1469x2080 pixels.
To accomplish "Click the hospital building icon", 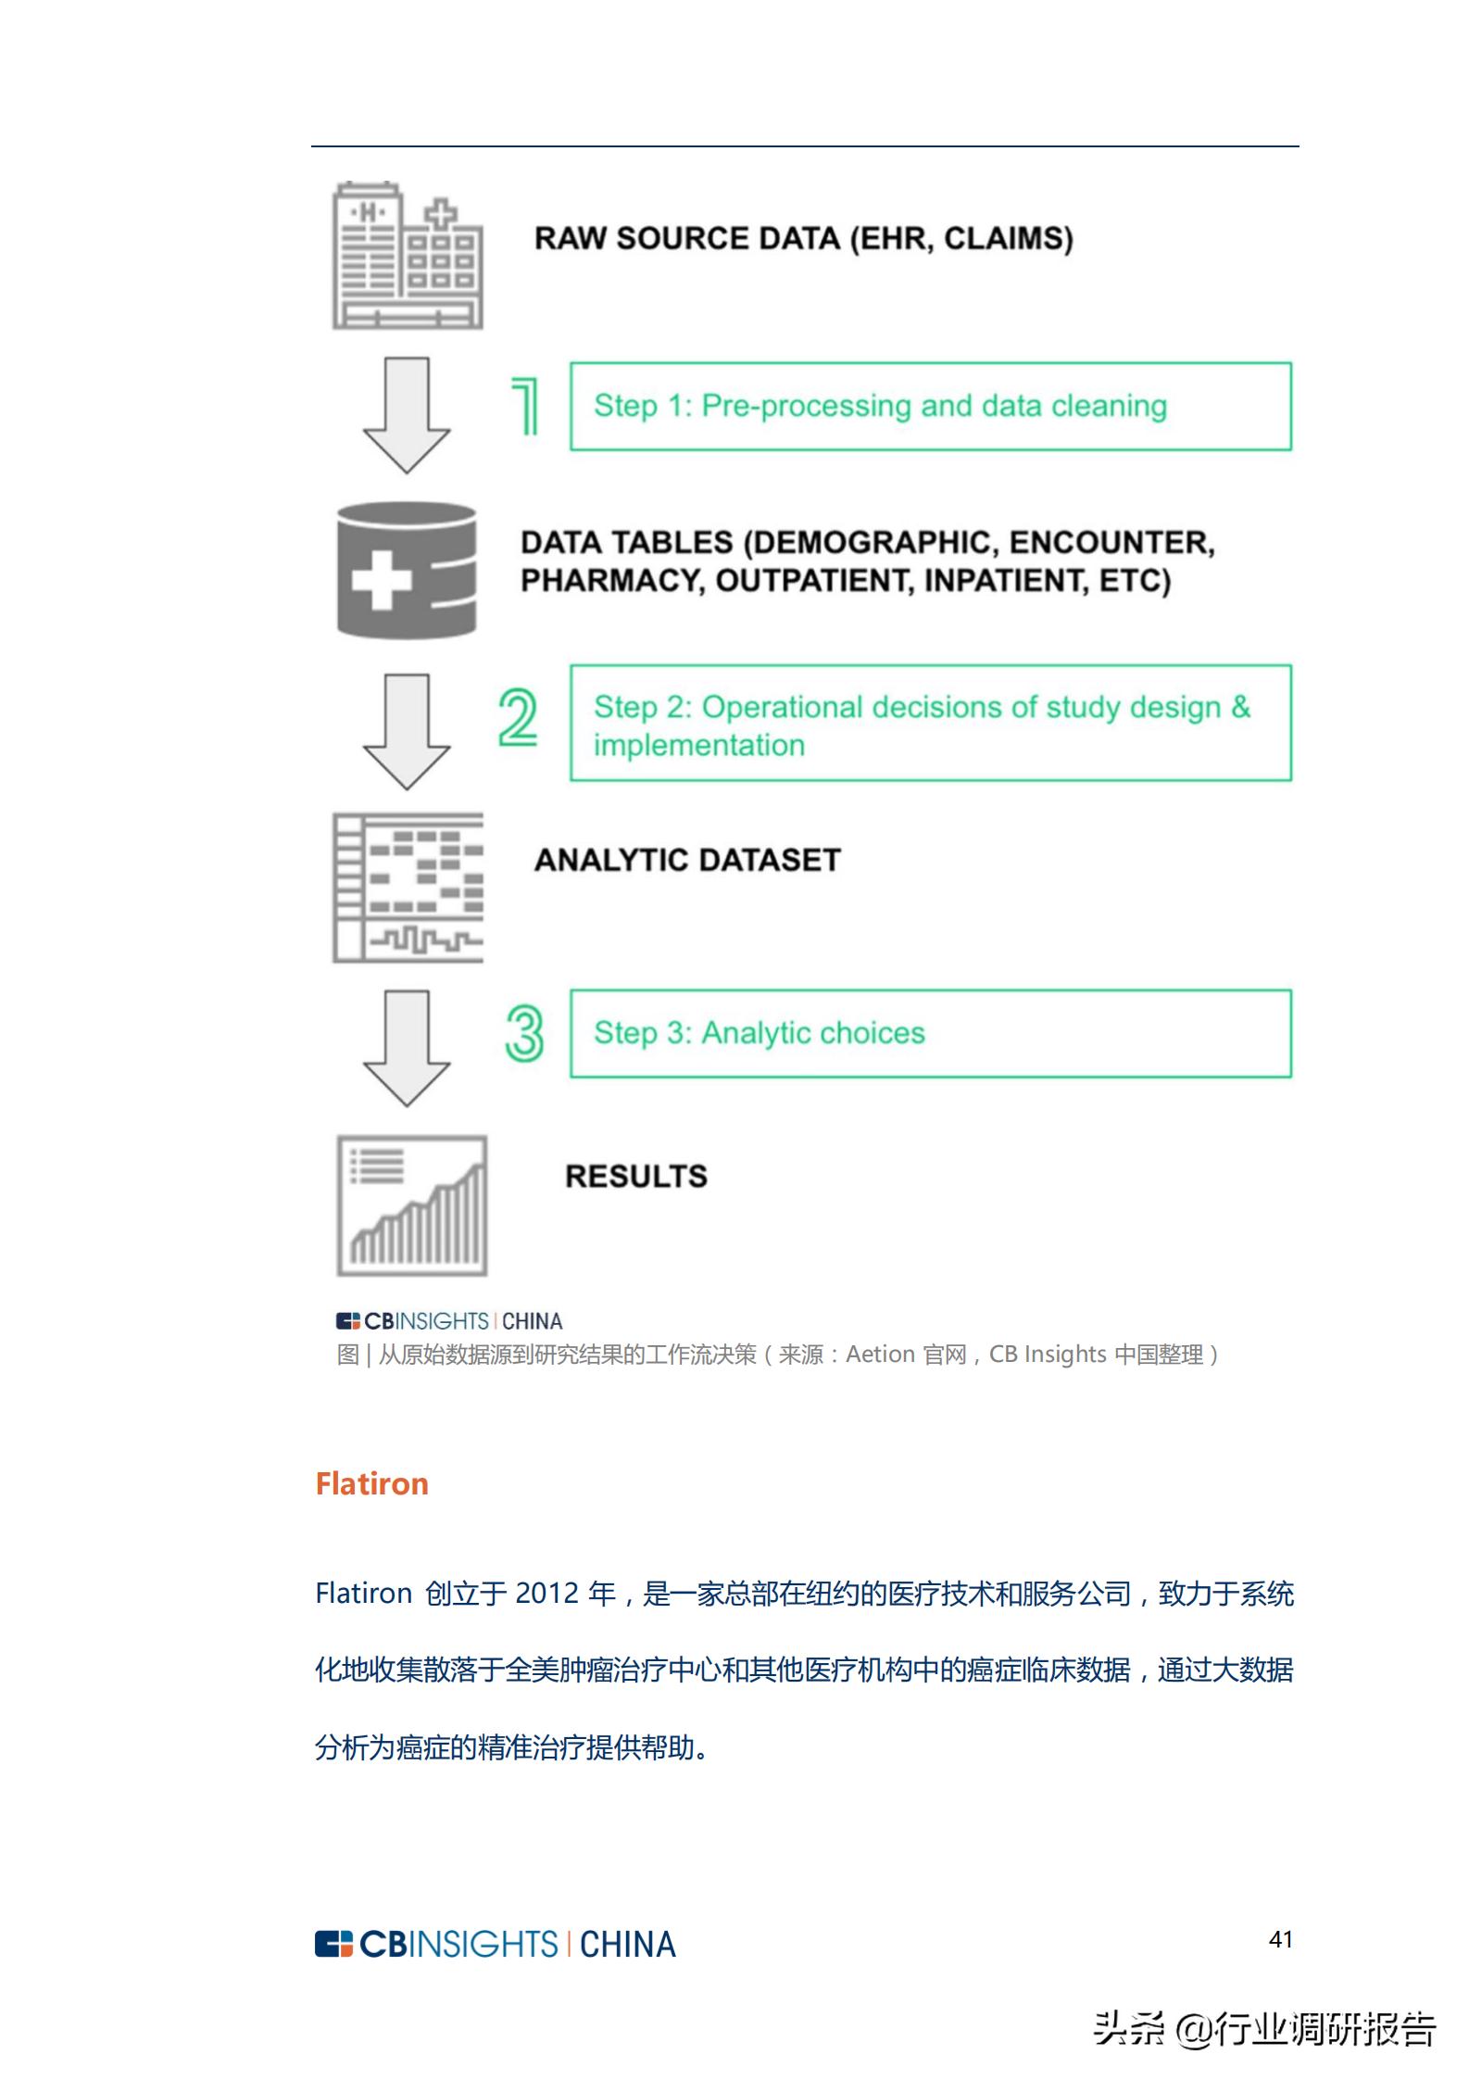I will pyautogui.click(x=408, y=256).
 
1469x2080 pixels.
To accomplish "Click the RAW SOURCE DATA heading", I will pyautogui.click(x=803, y=238).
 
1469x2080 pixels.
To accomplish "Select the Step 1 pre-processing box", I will pyautogui.click(x=930, y=407).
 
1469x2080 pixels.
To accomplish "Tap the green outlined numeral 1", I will pyautogui.click(x=525, y=406).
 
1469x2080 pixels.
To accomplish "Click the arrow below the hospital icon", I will pyautogui.click(x=407, y=414).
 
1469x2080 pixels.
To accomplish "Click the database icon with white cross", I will pyautogui.click(x=407, y=570).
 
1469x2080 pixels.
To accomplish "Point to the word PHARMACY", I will pyautogui.click(x=611, y=581).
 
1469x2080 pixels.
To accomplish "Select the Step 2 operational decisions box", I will pyautogui.click(x=930, y=724).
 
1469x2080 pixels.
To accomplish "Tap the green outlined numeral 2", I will pyautogui.click(x=518, y=718).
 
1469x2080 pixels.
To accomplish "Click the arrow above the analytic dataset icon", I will pyautogui.click(x=407, y=731).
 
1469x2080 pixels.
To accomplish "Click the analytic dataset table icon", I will pyautogui.click(x=408, y=888).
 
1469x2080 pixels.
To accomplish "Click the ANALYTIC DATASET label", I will pyautogui.click(x=687, y=860).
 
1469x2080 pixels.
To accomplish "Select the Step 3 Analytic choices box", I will pyautogui.click(x=930, y=1033).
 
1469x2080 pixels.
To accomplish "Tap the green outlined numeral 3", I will pyautogui.click(x=524, y=1033).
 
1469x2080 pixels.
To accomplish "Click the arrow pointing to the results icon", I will pyautogui.click(x=407, y=1048).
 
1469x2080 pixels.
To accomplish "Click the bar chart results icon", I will pyautogui.click(x=412, y=1205).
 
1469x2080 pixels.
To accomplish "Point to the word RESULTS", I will pyautogui.click(x=636, y=1177).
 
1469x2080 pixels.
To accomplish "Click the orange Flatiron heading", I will pyautogui.click(x=371, y=1484).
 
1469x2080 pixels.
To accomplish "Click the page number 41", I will pyautogui.click(x=1280, y=1939).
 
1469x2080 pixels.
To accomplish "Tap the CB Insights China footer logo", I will pyautogui.click(x=495, y=1944).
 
